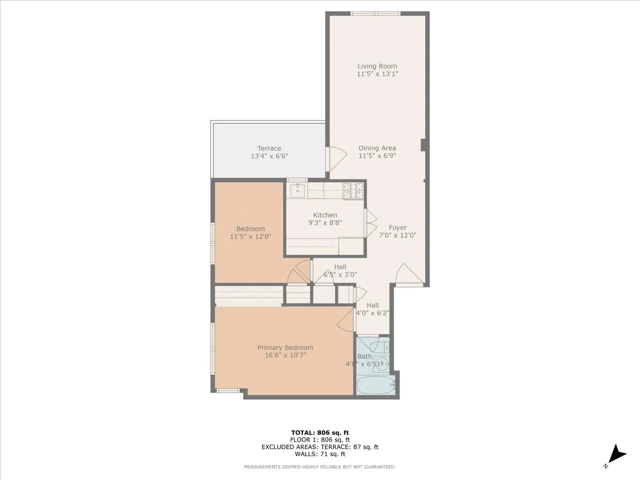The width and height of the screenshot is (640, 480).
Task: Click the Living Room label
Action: (377, 66)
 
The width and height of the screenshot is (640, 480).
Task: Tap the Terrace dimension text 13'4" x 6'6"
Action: (269, 156)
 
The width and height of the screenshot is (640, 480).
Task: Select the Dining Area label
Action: (377, 148)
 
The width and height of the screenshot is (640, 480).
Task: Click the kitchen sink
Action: (297, 190)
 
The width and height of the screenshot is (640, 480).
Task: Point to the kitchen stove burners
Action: (353, 191)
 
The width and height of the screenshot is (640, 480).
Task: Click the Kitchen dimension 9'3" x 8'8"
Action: (325, 223)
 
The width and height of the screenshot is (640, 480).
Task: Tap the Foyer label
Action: (397, 227)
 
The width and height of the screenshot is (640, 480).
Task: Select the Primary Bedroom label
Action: (285, 348)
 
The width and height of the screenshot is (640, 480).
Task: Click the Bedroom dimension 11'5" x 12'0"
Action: (250, 236)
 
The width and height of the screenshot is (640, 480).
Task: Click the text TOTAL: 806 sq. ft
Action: (320, 433)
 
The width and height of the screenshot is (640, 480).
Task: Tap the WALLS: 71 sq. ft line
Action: (320, 454)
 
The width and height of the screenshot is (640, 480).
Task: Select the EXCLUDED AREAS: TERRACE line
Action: (320, 447)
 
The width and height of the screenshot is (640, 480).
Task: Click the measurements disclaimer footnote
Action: (320, 467)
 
